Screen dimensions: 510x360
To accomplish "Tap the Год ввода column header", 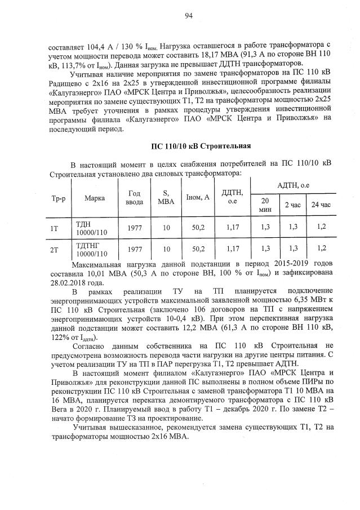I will coord(134,198).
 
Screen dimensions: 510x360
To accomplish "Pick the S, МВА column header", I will coord(166,198).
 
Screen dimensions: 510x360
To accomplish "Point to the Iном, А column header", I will coord(197,198).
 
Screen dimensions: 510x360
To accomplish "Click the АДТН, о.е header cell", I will coord(293,185).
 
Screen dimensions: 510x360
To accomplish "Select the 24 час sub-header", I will coord(321,205).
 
